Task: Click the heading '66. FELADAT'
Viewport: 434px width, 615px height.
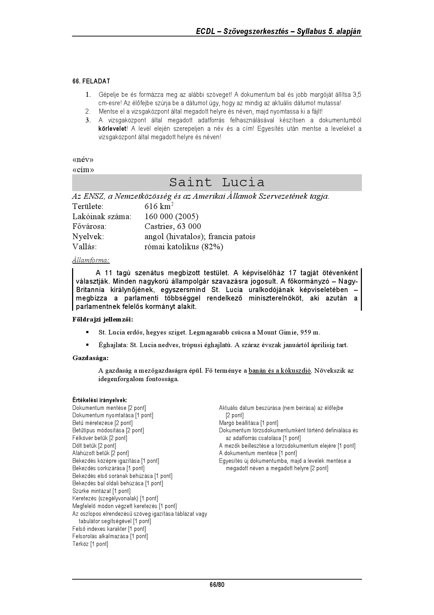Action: [91, 81]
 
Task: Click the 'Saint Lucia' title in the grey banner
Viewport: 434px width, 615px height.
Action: [217, 182]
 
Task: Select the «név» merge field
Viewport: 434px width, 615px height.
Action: [83, 160]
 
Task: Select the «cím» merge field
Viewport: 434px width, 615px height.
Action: [83, 170]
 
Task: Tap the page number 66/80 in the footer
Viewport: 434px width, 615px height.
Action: [217, 585]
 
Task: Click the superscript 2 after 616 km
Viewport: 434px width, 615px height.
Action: [172, 204]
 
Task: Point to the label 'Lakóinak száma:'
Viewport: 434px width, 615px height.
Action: [101, 216]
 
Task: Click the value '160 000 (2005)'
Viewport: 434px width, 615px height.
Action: [171, 216]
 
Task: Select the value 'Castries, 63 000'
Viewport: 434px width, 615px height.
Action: [173, 227]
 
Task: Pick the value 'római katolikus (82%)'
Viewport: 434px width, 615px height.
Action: [183, 247]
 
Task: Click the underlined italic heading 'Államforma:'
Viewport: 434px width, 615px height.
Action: [91, 260]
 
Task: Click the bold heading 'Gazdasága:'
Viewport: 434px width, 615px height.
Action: [90, 358]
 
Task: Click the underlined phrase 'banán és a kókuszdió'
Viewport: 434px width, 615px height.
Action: [280, 371]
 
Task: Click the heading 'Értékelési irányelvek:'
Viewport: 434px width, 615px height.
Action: [100, 400]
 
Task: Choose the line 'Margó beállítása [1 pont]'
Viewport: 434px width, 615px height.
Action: [248, 423]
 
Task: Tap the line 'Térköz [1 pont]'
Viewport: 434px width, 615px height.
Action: [90, 544]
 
